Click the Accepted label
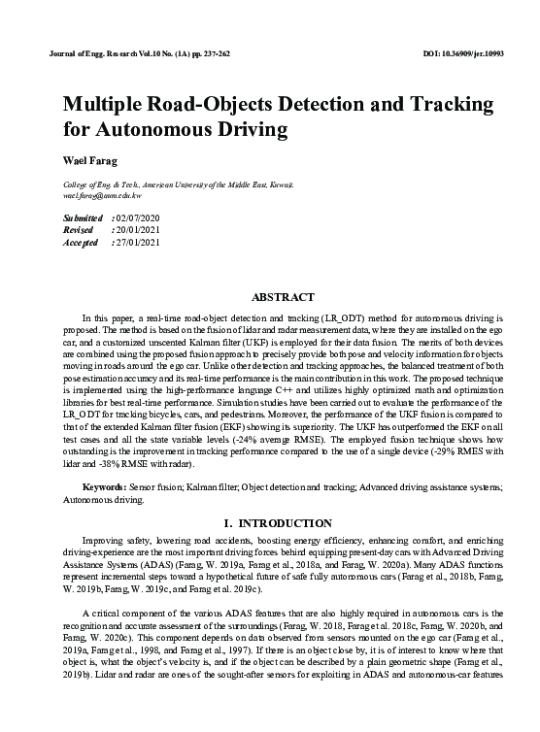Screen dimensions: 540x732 81,242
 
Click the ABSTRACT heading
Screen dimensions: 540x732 283,296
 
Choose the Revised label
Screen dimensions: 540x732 79,230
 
